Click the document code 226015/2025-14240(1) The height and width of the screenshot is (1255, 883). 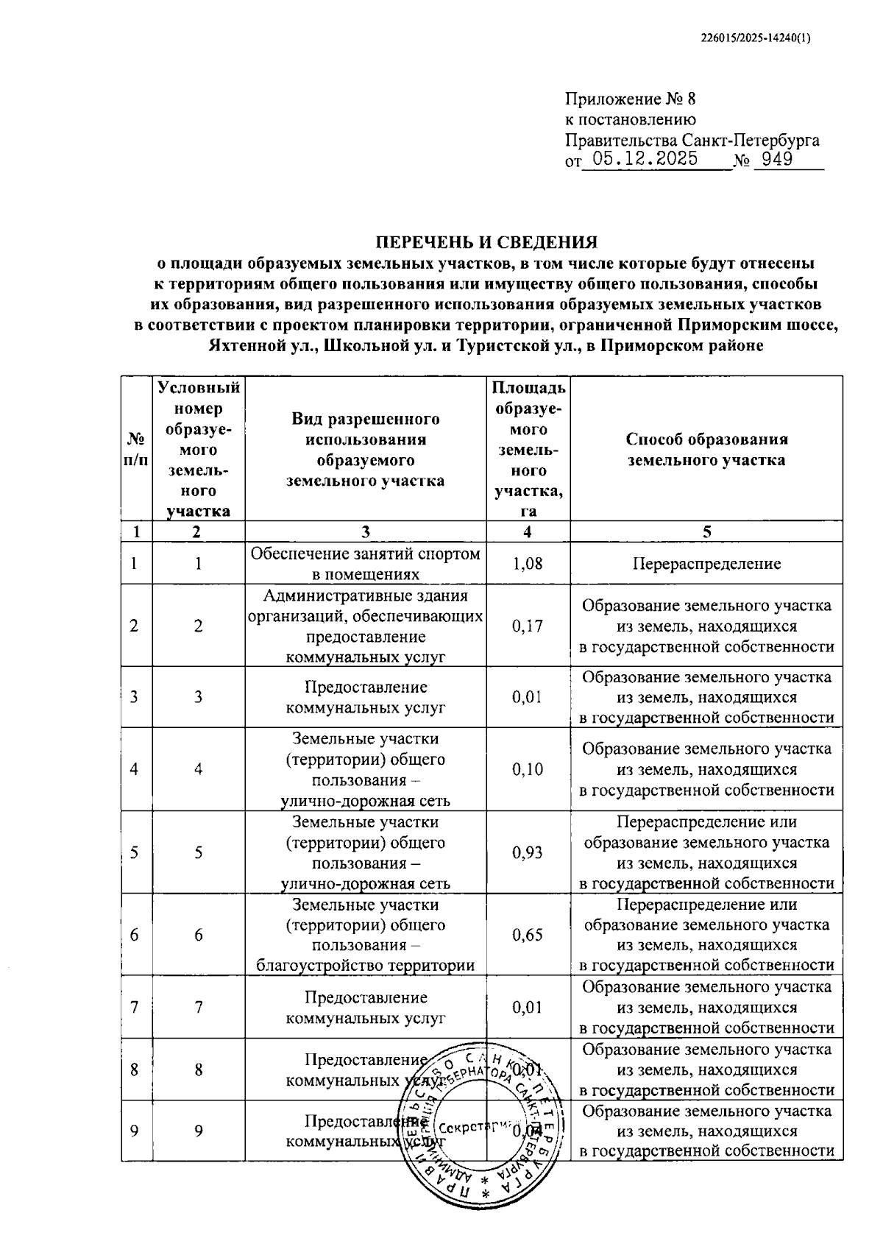[x=756, y=40]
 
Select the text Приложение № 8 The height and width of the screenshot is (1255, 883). [x=630, y=99]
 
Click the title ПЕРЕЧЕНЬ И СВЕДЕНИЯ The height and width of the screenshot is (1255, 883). [x=487, y=242]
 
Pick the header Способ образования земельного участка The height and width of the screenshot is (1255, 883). [x=706, y=449]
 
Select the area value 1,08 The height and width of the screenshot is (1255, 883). [x=528, y=564]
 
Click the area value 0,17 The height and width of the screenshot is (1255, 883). [x=528, y=626]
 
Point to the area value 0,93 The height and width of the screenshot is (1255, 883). [x=528, y=852]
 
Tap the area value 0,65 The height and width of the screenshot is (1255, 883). [x=528, y=935]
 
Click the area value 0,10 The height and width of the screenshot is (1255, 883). [x=528, y=769]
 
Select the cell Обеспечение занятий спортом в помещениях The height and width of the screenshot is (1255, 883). [x=365, y=564]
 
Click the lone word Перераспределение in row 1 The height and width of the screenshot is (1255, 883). [x=706, y=564]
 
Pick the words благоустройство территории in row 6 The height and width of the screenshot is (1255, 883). [x=365, y=966]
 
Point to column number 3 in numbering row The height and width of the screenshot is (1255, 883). [x=365, y=531]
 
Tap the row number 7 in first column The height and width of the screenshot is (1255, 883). [x=134, y=1007]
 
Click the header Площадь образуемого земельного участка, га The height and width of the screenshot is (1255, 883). [x=528, y=449]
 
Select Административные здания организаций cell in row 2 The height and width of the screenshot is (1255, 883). [x=365, y=626]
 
